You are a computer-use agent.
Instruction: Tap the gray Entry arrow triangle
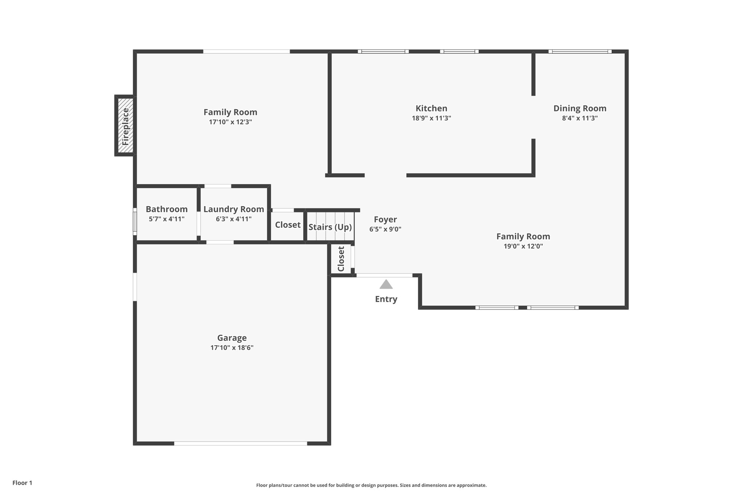tap(386, 284)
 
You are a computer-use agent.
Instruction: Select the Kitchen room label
tap(431, 108)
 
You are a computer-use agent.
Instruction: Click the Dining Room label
tap(580, 108)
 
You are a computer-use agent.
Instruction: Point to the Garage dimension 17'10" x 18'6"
tap(232, 348)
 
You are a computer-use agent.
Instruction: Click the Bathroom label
tap(167, 209)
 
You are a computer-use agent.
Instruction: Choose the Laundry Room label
tap(234, 209)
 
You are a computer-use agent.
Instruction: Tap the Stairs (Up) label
tap(330, 227)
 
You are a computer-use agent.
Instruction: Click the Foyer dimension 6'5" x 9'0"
tap(385, 229)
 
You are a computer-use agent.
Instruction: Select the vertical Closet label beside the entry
tap(341, 259)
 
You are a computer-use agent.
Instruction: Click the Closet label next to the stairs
tap(288, 225)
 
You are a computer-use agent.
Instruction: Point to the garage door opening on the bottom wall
tap(241, 443)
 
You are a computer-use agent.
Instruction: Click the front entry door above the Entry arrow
tap(385, 275)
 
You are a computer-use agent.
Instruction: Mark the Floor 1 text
tap(22, 483)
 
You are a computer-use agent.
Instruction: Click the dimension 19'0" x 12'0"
tap(523, 246)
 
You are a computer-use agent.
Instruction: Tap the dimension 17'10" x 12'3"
tap(230, 122)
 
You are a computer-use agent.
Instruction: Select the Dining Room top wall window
tap(580, 51)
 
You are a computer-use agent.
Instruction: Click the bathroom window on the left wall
tap(135, 221)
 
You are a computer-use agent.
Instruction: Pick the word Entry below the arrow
tap(386, 299)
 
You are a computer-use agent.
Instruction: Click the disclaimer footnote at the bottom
tap(371, 485)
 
